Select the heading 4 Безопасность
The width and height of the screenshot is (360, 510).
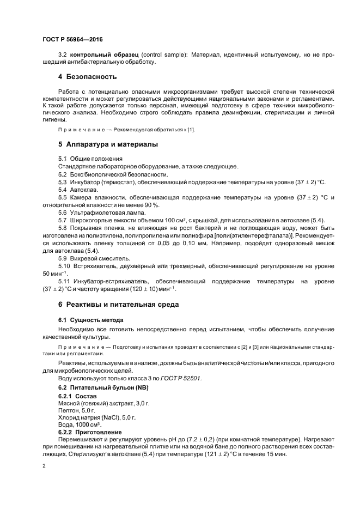pos(88,76)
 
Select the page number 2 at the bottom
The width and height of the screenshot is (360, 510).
pos(44,466)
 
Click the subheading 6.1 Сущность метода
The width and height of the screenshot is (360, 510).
pos(90,320)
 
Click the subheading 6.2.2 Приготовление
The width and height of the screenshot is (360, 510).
pos(90,431)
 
